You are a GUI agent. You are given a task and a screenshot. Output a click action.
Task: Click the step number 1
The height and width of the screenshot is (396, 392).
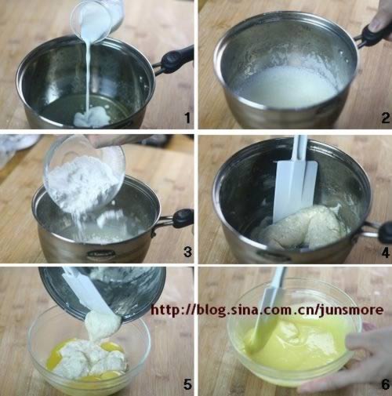click(x=187, y=118)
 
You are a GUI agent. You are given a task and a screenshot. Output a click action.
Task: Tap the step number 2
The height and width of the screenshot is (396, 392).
click(x=385, y=118)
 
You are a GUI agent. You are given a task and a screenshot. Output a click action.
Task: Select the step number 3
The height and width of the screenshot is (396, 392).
click(x=187, y=252)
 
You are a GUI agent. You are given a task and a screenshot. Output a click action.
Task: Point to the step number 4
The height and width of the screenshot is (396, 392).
click(x=386, y=252)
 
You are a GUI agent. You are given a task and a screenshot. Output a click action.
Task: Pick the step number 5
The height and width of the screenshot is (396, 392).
click(x=187, y=384)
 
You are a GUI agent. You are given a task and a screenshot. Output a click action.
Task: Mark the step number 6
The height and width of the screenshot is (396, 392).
click(x=385, y=384)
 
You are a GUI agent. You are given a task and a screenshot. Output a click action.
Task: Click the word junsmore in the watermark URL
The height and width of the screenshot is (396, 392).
click(x=351, y=310)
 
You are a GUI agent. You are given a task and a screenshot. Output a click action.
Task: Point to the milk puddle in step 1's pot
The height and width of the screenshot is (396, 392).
click(x=90, y=118)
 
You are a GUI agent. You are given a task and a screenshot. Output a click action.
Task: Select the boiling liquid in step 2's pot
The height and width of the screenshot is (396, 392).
click(x=284, y=85)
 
